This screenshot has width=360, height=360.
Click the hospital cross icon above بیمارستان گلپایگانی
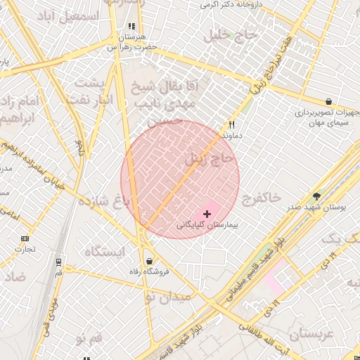tap(207, 213)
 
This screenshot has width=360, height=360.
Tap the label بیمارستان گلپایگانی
tap(207, 226)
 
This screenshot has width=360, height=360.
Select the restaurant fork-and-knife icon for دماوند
tap(230, 122)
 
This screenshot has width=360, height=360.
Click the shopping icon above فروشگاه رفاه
tap(148, 259)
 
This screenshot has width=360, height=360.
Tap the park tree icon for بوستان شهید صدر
tap(317, 196)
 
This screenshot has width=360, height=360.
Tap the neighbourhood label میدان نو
tap(168, 298)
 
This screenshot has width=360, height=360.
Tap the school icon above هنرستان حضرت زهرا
tap(131, 27)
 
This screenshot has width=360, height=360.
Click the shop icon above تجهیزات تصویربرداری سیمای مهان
tap(328, 101)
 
